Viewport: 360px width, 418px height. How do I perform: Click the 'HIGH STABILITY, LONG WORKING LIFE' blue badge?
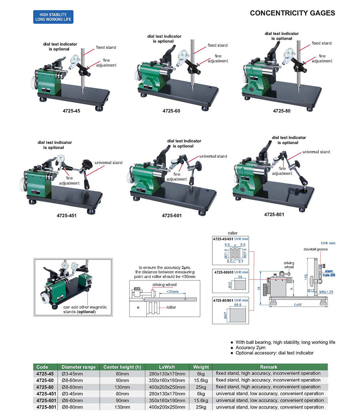coord(53,17)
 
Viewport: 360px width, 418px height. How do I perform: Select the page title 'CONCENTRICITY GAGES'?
coord(292,13)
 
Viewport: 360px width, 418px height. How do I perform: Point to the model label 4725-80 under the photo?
coord(282,110)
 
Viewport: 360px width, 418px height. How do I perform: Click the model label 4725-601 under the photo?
coord(172,215)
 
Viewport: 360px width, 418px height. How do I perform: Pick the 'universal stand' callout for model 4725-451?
coord(108,163)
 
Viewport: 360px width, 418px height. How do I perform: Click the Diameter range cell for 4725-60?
coord(72,380)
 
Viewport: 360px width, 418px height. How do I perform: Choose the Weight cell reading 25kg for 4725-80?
coord(201,387)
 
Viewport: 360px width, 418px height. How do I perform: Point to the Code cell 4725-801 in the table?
coord(44,407)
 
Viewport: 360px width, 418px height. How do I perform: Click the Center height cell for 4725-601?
coord(122,400)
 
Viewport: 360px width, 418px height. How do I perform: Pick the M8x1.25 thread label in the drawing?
coord(325,292)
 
